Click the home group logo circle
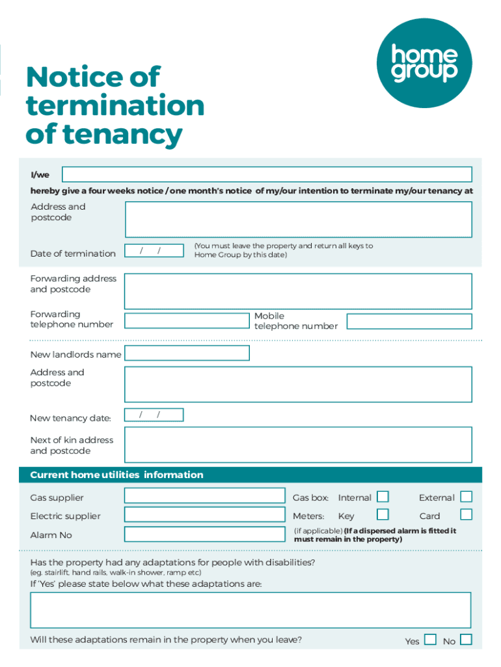(x=424, y=63)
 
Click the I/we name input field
(x=267, y=175)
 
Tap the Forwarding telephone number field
(x=187, y=320)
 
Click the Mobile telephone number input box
(x=409, y=321)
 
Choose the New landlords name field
(x=187, y=353)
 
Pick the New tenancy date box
(x=154, y=415)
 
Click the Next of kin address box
(x=298, y=445)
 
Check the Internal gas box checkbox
(x=383, y=497)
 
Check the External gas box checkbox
(x=466, y=497)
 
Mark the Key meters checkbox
(x=383, y=515)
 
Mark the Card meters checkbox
(x=466, y=515)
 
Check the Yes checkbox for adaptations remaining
(x=430, y=640)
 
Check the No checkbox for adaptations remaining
(x=466, y=640)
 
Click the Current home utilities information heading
(x=117, y=475)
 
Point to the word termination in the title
(x=115, y=106)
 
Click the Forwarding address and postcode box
(x=298, y=291)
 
